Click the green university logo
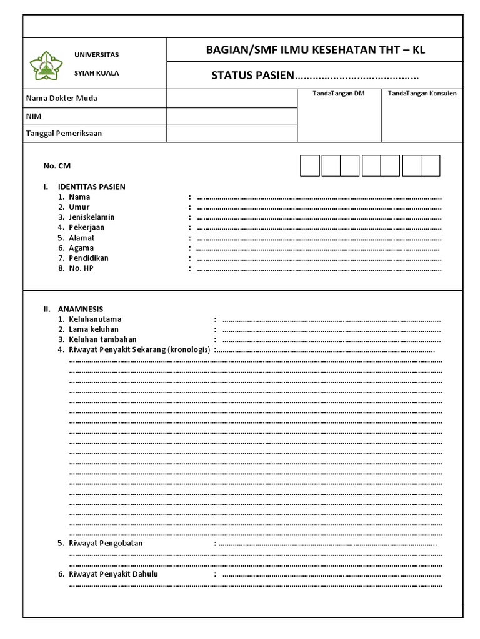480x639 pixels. click(x=47, y=64)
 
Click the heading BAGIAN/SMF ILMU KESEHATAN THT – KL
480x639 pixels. click(x=315, y=50)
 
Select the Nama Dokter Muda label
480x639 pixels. click(x=61, y=99)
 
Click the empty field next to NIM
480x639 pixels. click(x=231, y=116)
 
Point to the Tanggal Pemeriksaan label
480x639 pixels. click(x=64, y=134)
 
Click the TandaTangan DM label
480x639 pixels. click(x=339, y=94)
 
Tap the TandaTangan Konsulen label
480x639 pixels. click(x=422, y=94)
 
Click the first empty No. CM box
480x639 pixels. click(x=310, y=166)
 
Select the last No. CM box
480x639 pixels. click(x=431, y=166)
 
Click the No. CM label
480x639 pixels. click(x=52, y=166)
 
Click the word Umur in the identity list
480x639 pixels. click(x=79, y=207)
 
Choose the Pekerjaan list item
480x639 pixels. click(x=87, y=227)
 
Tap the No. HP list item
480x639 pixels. click(x=81, y=268)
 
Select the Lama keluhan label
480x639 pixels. click(x=94, y=329)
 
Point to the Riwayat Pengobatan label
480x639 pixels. click(x=106, y=544)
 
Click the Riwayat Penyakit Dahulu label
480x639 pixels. click(x=113, y=574)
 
